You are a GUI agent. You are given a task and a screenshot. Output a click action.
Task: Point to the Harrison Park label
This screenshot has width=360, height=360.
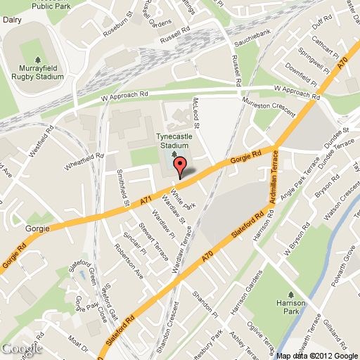pyautogui.click(x=290, y=304)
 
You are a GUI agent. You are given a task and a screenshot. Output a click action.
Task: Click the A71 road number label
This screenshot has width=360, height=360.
pyautogui.click(x=146, y=201)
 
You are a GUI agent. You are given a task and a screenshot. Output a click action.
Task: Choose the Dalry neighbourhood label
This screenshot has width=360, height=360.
pyautogui.click(x=11, y=21)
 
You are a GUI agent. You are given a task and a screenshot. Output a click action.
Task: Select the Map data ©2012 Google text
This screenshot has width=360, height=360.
pyautogui.click(x=317, y=354)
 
